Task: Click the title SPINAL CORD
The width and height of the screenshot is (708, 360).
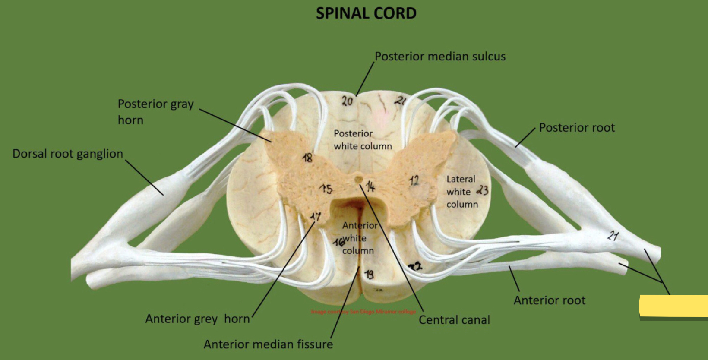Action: pyautogui.click(x=366, y=13)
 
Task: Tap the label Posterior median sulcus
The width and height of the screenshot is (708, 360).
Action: pyautogui.click(x=440, y=57)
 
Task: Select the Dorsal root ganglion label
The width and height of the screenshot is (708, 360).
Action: pyautogui.click(x=68, y=154)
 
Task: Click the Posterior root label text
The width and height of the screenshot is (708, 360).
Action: pyautogui.click(x=577, y=128)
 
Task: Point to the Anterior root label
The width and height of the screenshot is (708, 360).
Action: pyautogui.click(x=549, y=300)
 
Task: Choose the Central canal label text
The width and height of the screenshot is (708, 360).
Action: pyautogui.click(x=454, y=320)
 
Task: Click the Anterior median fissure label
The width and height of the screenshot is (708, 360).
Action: pyautogui.click(x=268, y=344)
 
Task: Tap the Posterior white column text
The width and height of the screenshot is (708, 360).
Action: pyautogui.click(x=363, y=140)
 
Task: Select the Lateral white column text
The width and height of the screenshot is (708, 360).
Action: pyautogui.click(x=461, y=192)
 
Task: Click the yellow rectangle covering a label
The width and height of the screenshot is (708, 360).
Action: pyautogui.click(x=673, y=306)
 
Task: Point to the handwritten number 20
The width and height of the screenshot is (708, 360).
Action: pyautogui.click(x=347, y=101)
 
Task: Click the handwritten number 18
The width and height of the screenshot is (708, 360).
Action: pyautogui.click(x=307, y=158)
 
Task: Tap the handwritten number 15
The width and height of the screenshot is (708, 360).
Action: pyautogui.click(x=326, y=189)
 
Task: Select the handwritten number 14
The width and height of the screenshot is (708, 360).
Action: pyautogui.click(x=370, y=186)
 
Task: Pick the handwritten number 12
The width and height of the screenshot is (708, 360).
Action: pyautogui.click(x=414, y=180)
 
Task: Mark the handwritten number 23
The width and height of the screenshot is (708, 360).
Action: pyautogui.click(x=482, y=190)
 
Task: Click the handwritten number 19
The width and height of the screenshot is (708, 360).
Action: pyautogui.click(x=369, y=274)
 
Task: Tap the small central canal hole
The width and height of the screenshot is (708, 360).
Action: pyautogui.click(x=358, y=178)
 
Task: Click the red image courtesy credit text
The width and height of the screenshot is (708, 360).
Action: pyautogui.click(x=363, y=311)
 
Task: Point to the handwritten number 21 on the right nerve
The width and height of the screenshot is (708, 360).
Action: pyautogui.click(x=613, y=236)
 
